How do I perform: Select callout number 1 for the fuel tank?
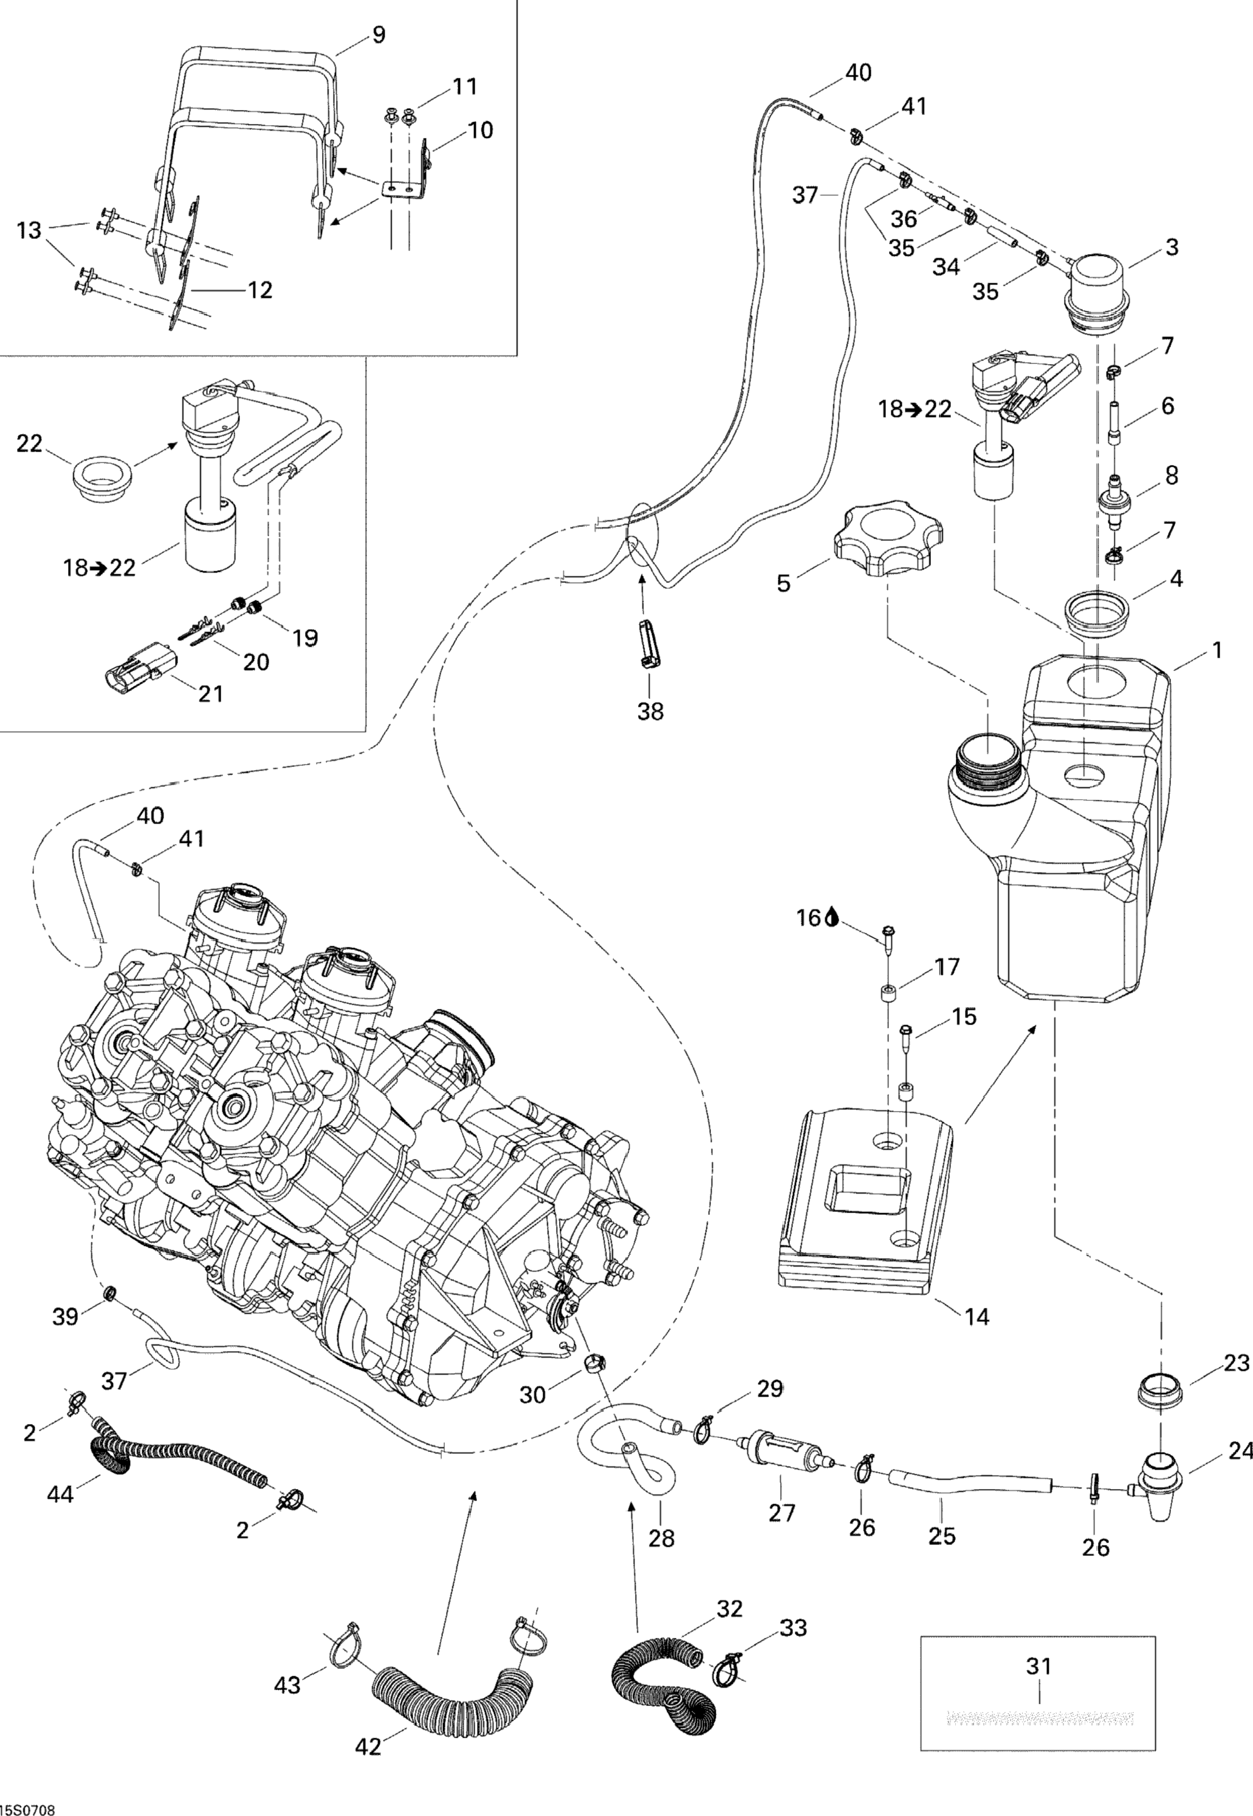pyautogui.click(x=1216, y=651)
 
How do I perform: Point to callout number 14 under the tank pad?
pyautogui.click(x=977, y=1315)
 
